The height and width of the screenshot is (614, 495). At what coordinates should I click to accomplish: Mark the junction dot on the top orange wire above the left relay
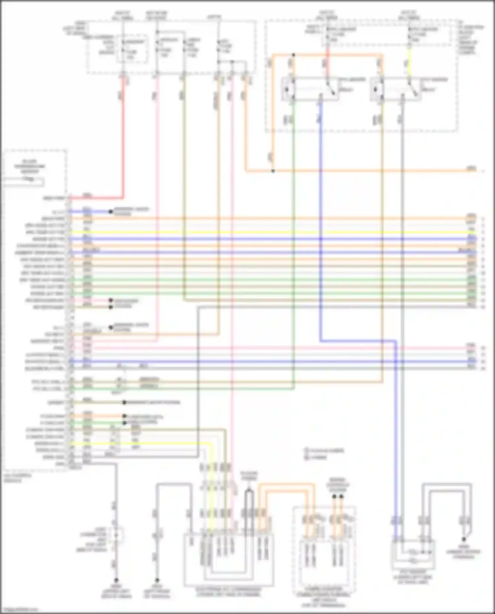pos(293,55)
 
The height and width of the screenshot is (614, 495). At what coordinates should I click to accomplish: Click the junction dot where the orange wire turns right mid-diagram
pos(273,171)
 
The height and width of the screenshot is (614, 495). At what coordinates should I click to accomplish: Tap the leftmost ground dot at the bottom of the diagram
pos(116,580)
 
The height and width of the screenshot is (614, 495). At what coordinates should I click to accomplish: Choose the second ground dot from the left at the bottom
pos(157,580)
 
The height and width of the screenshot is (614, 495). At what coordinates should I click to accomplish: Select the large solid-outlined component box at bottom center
pos(229,559)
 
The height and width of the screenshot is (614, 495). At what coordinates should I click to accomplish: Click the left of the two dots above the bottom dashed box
pos(334,496)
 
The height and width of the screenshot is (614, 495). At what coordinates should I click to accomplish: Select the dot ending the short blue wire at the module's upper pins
pos(111,211)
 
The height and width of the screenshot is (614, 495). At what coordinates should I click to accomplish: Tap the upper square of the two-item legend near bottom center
pos(306,450)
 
